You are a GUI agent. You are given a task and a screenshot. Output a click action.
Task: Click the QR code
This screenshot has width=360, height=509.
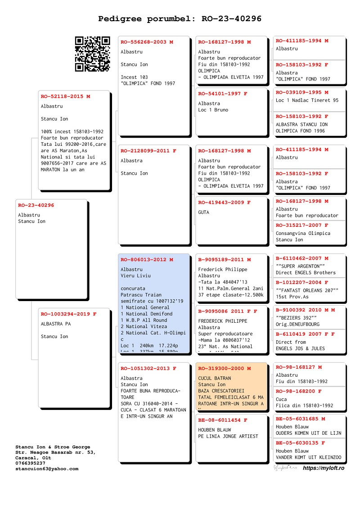coord(92,54)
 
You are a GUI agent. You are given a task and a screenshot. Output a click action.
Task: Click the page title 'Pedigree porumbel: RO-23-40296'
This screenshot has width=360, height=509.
coord(180,19)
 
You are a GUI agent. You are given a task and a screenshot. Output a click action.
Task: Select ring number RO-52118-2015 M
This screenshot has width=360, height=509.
coord(65,96)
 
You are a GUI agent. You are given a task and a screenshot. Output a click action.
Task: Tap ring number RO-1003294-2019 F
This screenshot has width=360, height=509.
coord(68,314)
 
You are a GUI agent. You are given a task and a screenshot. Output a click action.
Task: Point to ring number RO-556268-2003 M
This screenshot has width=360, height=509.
coord(147,42)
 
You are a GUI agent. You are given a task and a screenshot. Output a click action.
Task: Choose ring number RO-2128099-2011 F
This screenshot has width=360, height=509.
coord(148,151)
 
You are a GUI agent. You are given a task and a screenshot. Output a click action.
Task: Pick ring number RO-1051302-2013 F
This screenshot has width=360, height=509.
coord(148,369)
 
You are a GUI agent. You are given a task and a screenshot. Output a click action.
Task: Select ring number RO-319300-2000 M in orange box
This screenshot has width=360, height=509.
coord(225,369)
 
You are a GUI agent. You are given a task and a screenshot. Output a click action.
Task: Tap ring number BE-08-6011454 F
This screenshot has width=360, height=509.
coord(223,420)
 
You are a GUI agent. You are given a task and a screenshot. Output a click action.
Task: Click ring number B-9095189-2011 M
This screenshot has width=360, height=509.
coord(225,260)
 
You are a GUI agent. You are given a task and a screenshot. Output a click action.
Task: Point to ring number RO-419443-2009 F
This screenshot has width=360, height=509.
coord(225,203)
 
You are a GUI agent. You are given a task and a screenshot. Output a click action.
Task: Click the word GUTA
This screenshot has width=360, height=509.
coord(203,212)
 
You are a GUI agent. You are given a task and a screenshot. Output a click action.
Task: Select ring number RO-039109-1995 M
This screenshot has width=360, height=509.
coord(302,92)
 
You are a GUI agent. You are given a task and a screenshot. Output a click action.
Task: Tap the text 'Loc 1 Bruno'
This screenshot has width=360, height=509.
coord(213,110)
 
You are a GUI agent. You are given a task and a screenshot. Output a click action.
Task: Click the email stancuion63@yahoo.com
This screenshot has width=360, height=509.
coord(47,468)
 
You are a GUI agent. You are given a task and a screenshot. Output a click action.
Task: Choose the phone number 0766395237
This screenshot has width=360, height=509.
coord(30,463)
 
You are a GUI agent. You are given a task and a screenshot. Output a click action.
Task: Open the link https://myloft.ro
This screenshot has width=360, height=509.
coord(324,468)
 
